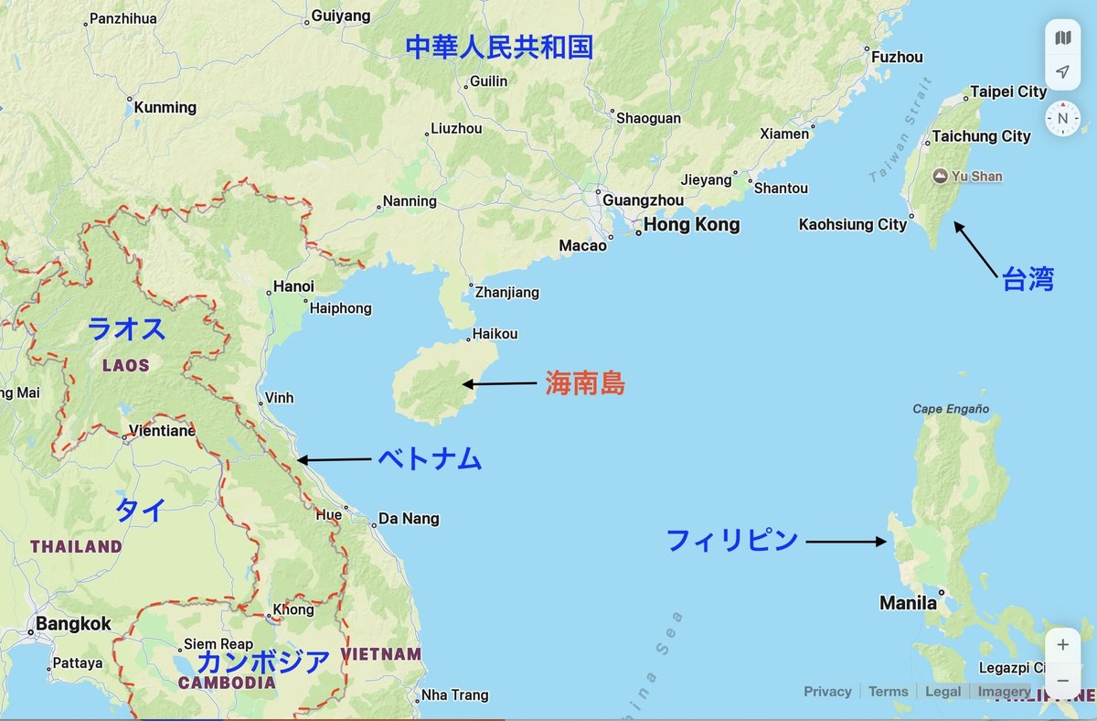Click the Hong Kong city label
pos(691,225)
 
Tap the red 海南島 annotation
pos(585,383)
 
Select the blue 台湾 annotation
pos(1028,280)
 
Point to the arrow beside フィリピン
pos(846,542)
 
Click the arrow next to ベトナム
pos(335,459)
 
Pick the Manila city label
pos(908,603)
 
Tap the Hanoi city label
pos(293,286)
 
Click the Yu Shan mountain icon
pos(939,176)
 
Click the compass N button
pos(1062,119)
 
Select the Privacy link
pos(827,692)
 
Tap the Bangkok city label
pos(73,624)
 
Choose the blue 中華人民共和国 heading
pos(499,47)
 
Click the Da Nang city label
pos(409,519)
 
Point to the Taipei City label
pos(1008,91)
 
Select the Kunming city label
pos(165,107)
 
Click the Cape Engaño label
pos(951,409)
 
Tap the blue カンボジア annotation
pos(264,661)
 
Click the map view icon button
pos(1062,38)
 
